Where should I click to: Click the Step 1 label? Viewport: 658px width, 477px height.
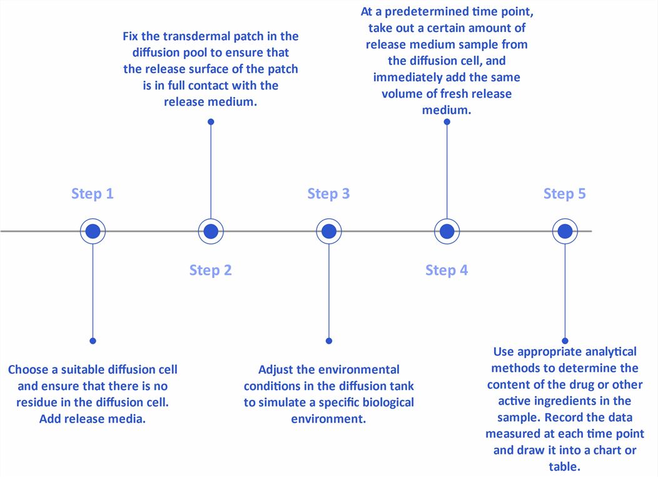tap(93, 193)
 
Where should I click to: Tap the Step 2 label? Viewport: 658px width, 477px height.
tap(211, 270)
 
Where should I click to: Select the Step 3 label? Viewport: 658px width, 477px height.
tap(328, 193)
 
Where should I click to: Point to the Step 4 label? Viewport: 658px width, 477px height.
tap(447, 270)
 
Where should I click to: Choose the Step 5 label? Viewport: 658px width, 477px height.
tap(565, 193)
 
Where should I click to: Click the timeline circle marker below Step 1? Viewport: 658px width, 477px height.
tap(93, 232)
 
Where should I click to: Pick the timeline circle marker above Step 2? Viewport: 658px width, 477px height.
tap(211, 232)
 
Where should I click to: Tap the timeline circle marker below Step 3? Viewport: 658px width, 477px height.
tap(329, 232)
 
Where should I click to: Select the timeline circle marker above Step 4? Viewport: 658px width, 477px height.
tap(447, 232)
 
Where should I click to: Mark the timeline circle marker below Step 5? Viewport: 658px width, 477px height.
tap(565, 232)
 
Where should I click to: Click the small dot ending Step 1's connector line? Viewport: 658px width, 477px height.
tap(93, 341)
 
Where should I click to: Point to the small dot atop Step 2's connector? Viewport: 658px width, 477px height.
tap(211, 122)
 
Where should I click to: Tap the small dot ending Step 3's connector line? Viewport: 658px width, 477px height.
tap(329, 341)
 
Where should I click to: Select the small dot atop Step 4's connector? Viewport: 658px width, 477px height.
tap(447, 122)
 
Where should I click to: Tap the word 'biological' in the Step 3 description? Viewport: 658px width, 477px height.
tap(386, 403)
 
